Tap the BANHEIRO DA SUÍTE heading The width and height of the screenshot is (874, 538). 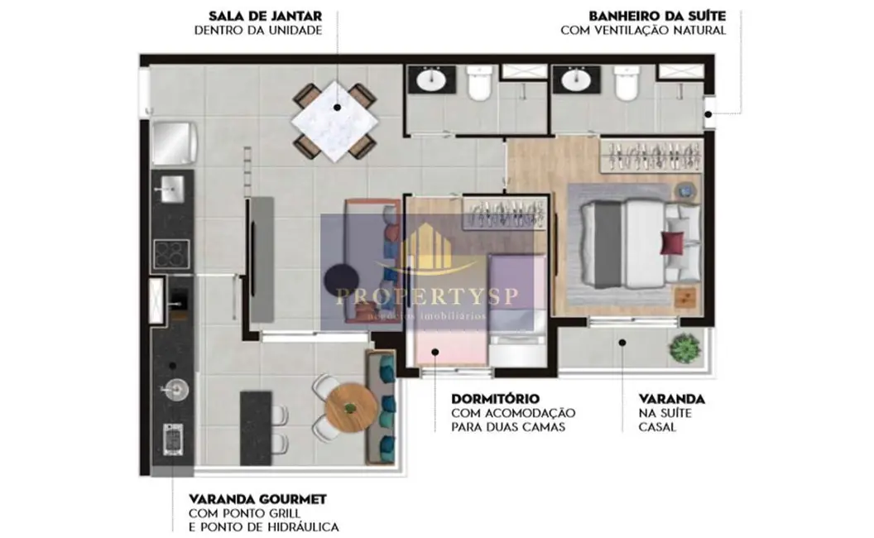(x=657, y=16)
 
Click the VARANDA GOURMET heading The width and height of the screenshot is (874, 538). (x=257, y=499)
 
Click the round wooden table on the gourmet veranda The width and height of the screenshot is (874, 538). (x=348, y=406)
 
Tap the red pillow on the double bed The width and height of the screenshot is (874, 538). (x=671, y=243)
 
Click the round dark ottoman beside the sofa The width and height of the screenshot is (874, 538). (x=340, y=278)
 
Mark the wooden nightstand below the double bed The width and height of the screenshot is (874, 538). (x=684, y=296)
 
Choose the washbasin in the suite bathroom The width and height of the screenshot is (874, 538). (x=575, y=81)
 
